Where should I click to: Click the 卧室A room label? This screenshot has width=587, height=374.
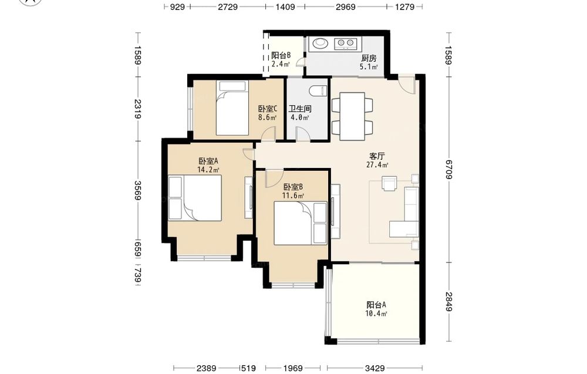(208, 161)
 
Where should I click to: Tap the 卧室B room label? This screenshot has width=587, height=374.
(293, 187)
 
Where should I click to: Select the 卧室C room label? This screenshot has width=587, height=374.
(267, 109)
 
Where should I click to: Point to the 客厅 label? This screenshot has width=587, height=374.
(377, 156)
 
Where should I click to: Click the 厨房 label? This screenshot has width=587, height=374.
(369, 58)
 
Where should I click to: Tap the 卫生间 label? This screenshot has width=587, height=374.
(300, 109)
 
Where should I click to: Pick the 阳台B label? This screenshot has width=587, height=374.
(281, 55)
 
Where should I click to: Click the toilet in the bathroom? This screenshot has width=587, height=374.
(318, 91)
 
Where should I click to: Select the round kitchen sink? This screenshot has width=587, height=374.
(320, 43)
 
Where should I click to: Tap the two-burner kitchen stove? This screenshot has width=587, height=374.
(346, 43)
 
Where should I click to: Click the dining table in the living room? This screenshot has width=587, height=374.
(352, 116)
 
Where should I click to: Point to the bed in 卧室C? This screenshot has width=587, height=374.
(232, 108)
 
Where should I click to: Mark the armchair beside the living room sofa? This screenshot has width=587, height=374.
(389, 183)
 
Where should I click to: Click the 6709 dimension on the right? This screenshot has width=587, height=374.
(449, 170)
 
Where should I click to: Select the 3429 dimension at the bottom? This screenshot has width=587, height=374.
(375, 368)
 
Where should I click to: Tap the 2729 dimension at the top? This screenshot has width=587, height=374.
(228, 6)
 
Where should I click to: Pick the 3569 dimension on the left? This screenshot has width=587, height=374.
(138, 191)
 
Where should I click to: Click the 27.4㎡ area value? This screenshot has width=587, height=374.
(377, 165)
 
